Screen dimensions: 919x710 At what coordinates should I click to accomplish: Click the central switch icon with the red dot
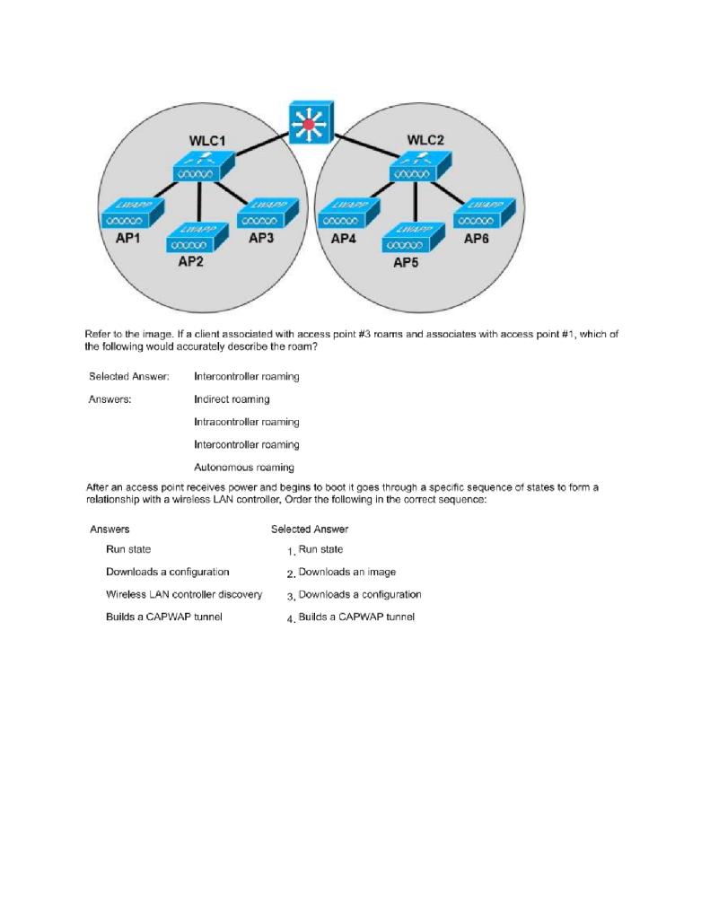click(x=311, y=123)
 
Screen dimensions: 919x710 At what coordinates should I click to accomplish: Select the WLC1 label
click(x=206, y=141)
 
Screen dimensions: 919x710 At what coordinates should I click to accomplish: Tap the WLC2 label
click(x=425, y=140)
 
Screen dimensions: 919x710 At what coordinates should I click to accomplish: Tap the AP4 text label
click(x=344, y=240)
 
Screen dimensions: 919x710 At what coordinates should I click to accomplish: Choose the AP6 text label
click(x=478, y=240)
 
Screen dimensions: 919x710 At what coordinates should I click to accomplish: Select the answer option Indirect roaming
click(x=232, y=398)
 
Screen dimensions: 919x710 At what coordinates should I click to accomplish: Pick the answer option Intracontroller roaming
click(x=246, y=422)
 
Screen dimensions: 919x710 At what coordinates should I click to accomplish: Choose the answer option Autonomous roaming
click(x=243, y=468)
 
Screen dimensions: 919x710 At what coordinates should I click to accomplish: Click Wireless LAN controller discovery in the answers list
click(x=183, y=594)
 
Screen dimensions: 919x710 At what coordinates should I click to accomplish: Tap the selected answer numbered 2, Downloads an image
click(x=346, y=572)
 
